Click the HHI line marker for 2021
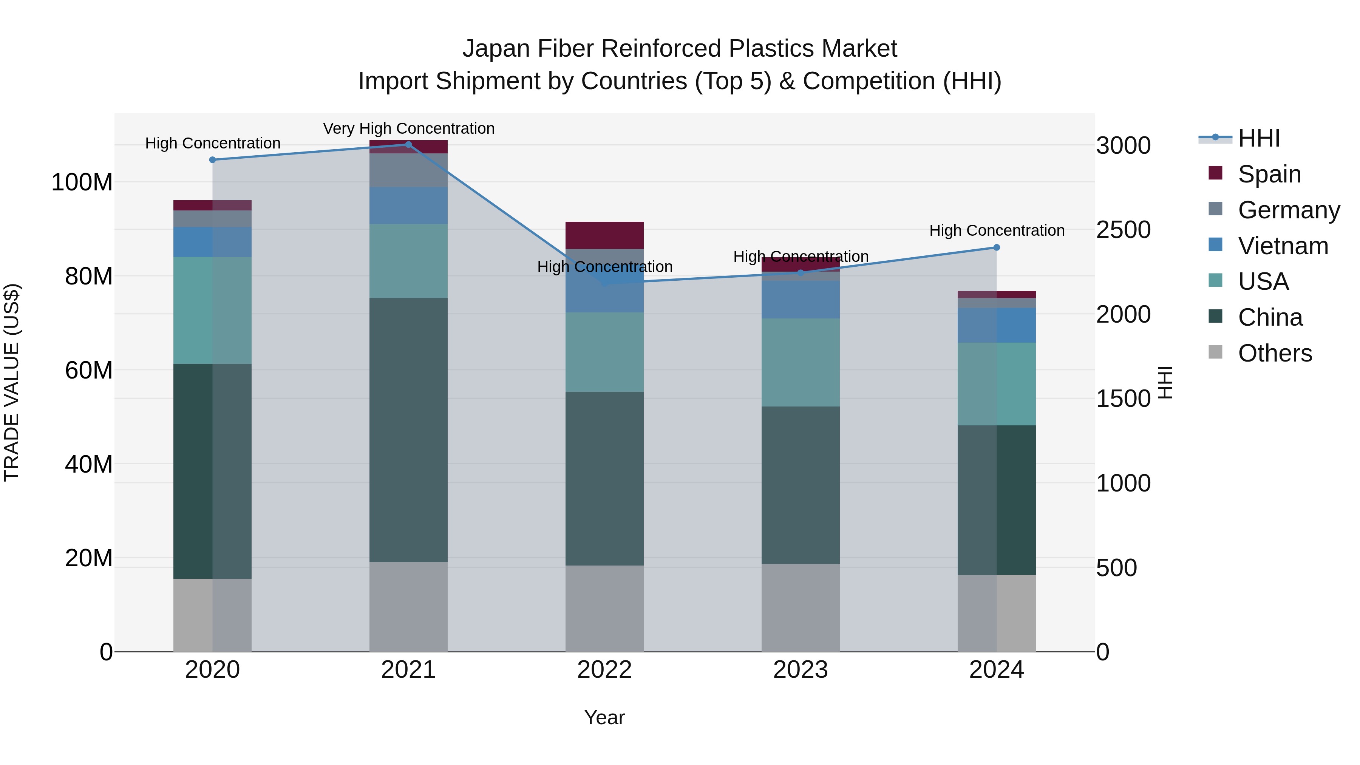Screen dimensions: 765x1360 pos(408,145)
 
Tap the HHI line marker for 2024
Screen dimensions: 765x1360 pos(996,247)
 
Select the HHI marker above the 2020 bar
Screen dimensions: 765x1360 pos(212,159)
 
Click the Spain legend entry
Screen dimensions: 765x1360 pos(1269,174)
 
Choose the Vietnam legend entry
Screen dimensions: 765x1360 pos(1283,246)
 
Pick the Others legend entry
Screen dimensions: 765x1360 pos(1275,353)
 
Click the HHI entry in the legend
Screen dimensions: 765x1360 pos(1259,138)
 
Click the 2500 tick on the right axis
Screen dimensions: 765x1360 pos(1123,230)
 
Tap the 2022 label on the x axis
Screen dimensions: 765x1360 pos(604,670)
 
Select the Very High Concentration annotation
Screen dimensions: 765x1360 pos(409,128)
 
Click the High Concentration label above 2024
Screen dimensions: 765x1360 pos(996,231)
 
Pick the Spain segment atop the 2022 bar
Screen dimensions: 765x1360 pos(604,235)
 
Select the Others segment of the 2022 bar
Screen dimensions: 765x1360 pos(604,608)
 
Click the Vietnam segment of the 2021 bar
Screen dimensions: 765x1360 pos(408,206)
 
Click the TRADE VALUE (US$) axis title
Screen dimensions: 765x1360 pos(12,382)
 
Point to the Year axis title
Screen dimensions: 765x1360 pos(604,717)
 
